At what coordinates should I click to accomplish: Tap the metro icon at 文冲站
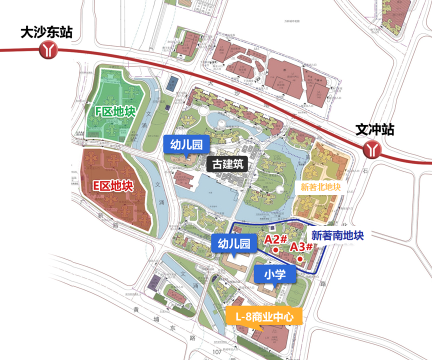pyautogui.click(x=371, y=149)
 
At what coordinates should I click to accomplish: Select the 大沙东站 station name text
pyautogui.click(x=46, y=33)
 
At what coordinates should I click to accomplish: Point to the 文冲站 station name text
pyautogui.click(x=375, y=130)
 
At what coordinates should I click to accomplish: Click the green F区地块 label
pyautogui.click(x=115, y=111)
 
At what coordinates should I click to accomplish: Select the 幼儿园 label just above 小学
pyautogui.click(x=233, y=243)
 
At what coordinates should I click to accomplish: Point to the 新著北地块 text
pyautogui.click(x=320, y=187)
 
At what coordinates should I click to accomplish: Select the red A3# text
pyautogui.click(x=301, y=246)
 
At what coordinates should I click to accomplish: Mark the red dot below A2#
pyautogui.click(x=275, y=249)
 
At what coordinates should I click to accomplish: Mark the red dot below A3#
pyautogui.click(x=299, y=258)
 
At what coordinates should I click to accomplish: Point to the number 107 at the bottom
pyautogui.click(x=216, y=353)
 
